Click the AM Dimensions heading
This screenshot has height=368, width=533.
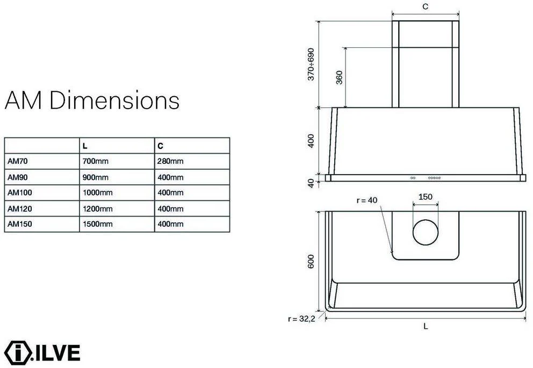click(x=92, y=100)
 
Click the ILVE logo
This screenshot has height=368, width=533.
click(x=42, y=352)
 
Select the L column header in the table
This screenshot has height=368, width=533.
click(x=85, y=146)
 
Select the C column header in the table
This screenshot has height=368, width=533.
click(x=160, y=146)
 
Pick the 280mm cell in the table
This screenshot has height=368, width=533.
click(x=170, y=161)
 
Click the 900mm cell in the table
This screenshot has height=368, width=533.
click(x=95, y=177)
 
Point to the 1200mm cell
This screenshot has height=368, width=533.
click(x=97, y=208)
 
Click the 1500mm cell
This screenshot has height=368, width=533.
click(x=97, y=224)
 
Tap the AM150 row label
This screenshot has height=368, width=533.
click(x=17, y=224)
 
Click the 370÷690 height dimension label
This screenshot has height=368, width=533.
click(x=311, y=64)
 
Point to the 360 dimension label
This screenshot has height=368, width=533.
click(x=338, y=78)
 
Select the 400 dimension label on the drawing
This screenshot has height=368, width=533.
click(x=311, y=141)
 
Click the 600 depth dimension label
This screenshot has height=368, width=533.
click(x=311, y=262)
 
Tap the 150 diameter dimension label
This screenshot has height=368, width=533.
click(x=425, y=197)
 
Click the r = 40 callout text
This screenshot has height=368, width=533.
click(x=368, y=200)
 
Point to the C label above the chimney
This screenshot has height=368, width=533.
click(x=425, y=6)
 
